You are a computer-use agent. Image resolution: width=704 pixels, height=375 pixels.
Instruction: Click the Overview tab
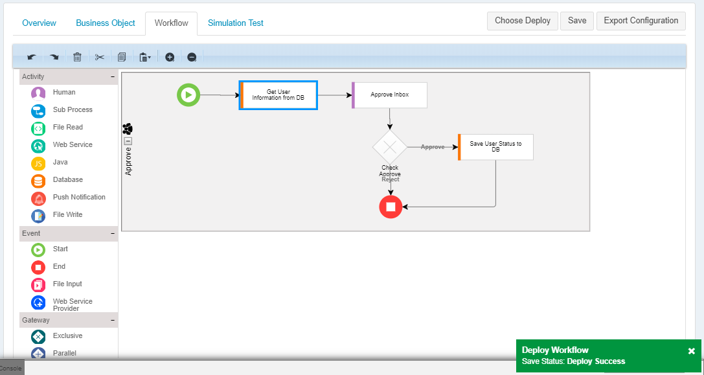click(x=39, y=23)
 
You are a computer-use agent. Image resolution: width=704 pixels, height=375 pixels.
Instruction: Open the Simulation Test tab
click(x=236, y=23)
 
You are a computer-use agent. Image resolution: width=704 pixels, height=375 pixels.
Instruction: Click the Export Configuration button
click(x=641, y=21)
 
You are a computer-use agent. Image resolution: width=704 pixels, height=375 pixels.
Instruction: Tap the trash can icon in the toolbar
click(x=77, y=57)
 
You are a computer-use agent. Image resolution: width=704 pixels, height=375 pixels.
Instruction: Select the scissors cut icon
click(x=99, y=57)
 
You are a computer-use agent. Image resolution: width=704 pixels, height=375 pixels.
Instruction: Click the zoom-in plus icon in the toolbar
click(x=170, y=57)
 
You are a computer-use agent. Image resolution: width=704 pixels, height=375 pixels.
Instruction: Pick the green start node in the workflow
click(x=188, y=95)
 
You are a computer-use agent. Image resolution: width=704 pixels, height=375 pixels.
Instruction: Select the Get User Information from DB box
click(x=278, y=95)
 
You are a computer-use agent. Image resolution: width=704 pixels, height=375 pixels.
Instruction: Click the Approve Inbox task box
click(x=389, y=95)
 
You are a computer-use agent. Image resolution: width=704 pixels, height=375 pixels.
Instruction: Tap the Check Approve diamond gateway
click(x=390, y=147)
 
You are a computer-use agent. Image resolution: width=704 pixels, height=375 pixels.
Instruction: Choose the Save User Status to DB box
click(x=495, y=147)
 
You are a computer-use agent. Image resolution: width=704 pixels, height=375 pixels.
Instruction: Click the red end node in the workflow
click(x=391, y=207)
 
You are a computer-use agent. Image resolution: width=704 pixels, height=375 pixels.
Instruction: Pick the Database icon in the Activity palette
click(x=38, y=181)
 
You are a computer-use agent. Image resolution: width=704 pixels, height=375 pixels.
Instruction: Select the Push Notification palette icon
click(x=38, y=198)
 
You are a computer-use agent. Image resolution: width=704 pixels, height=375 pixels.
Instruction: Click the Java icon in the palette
click(x=38, y=163)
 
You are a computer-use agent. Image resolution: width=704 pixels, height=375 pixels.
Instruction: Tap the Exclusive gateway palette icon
click(x=38, y=337)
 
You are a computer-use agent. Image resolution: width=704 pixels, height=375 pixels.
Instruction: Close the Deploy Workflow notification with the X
click(x=692, y=351)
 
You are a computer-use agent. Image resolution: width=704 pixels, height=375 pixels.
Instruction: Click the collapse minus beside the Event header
click(x=113, y=234)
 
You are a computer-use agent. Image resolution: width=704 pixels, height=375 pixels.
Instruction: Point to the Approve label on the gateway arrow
click(x=433, y=147)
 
